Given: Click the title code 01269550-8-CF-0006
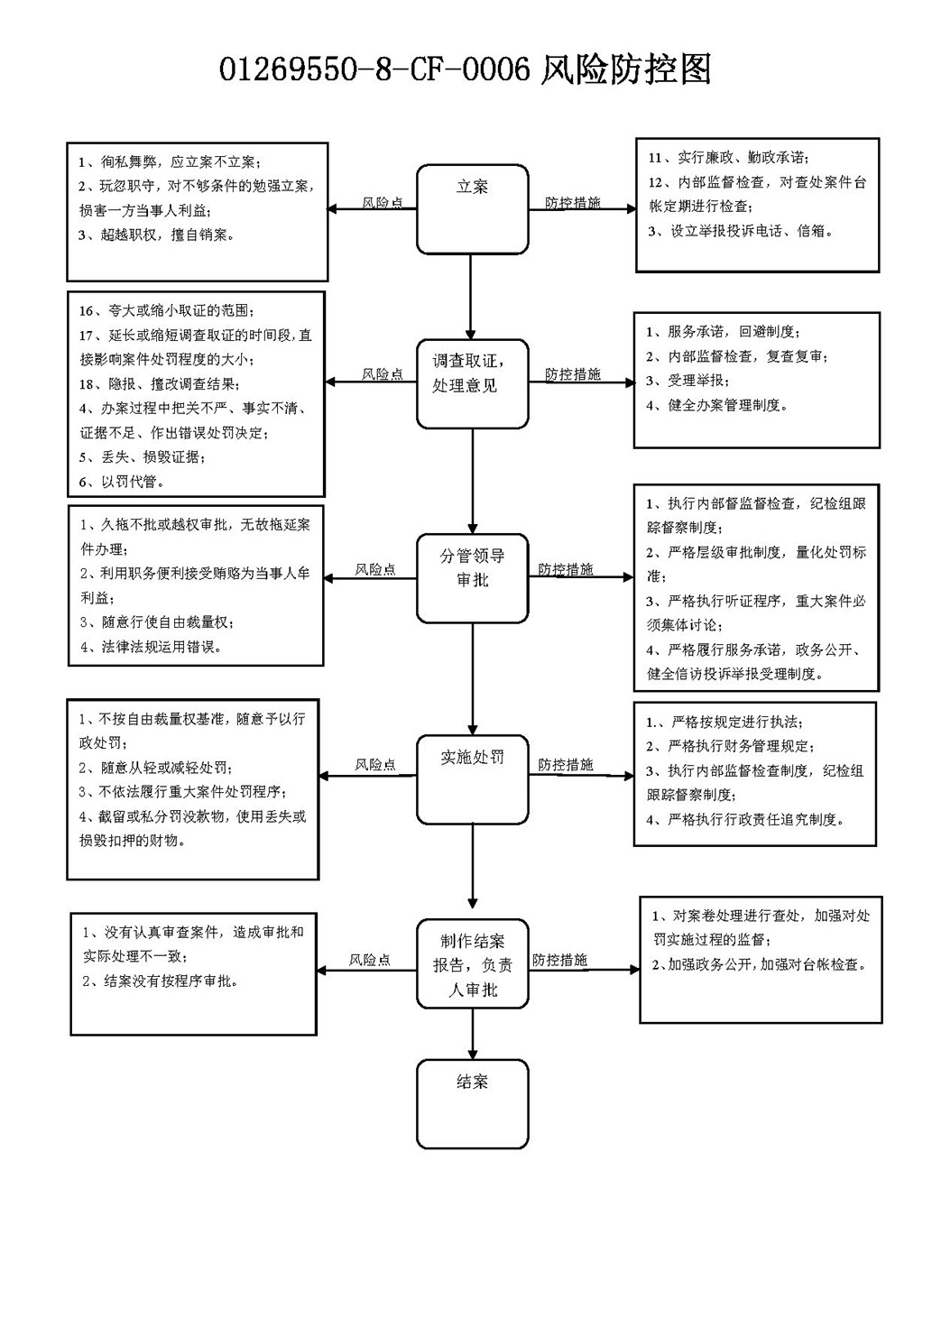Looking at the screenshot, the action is click(374, 69).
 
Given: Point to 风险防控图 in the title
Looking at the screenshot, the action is click(625, 69).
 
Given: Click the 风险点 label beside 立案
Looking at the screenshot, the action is click(383, 202).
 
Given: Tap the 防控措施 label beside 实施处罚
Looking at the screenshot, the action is click(566, 764).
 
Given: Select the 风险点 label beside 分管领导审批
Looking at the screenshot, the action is click(375, 569).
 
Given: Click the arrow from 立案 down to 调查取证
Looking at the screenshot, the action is click(471, 297).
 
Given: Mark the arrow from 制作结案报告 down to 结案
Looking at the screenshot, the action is click(472, 1034).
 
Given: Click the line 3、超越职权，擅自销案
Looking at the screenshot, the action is click(156, 235).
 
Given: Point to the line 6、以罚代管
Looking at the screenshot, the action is click(122, 482).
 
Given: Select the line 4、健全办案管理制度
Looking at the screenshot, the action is click(716, 405).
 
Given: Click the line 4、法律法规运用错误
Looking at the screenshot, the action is click(151, 647).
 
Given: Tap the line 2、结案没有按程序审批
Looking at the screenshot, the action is click(161, 981).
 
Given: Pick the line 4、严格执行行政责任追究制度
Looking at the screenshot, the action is click(745, 819).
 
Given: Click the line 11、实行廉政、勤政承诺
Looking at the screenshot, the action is click(728, 158).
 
